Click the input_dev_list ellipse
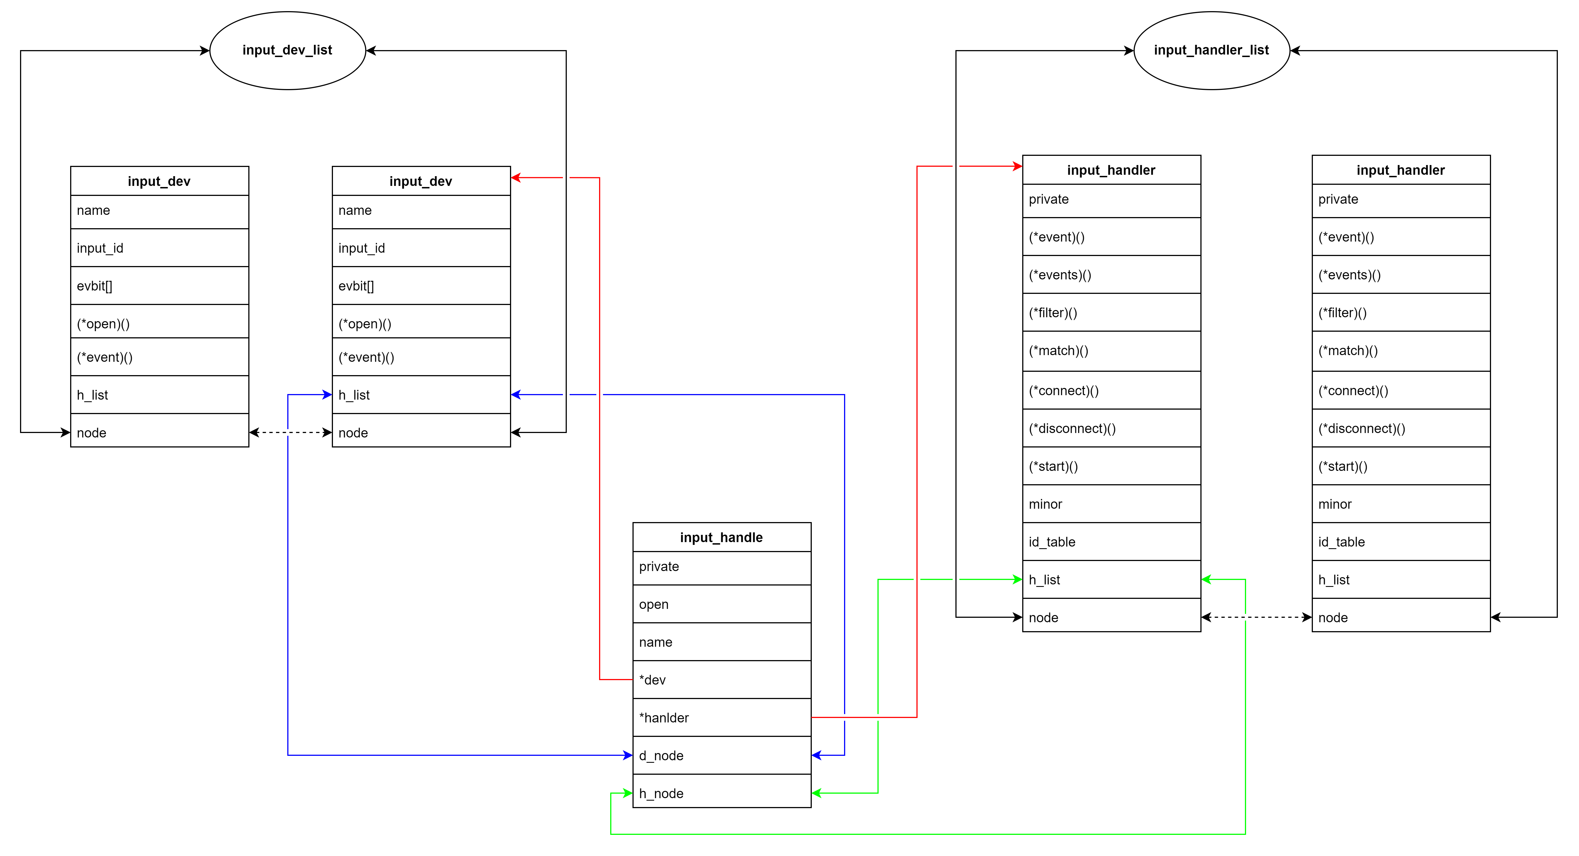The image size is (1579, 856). tap(288, 50)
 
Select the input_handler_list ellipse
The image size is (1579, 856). tap(1211, 50)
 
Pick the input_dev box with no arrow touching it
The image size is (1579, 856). tap(159, 181)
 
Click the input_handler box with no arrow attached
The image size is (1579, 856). tap(1401, 170)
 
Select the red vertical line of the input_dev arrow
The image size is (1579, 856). tap(599, 429)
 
